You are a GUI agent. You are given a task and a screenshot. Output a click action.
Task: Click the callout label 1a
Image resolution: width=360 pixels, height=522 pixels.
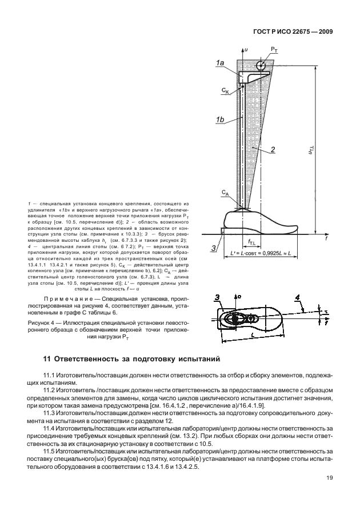click(220, 63)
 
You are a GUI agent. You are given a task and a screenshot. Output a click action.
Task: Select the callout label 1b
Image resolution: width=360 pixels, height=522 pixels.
click(220, 119)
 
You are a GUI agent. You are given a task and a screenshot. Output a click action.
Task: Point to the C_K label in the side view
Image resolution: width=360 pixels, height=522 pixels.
click(225, 90)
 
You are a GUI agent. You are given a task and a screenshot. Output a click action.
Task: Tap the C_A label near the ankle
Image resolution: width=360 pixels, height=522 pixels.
click(226, 195)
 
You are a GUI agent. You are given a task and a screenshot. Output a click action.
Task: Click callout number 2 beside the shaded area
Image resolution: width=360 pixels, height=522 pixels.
click(274, 150)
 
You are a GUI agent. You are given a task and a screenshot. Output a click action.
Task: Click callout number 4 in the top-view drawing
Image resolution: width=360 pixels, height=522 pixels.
click(297, 297)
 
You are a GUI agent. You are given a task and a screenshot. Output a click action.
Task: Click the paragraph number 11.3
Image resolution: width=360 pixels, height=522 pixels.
click(51, 411)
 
